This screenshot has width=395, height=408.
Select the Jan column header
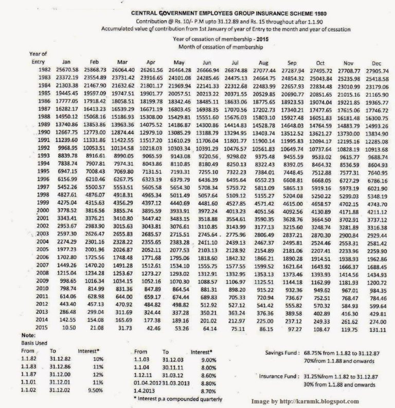[x=66, y=61]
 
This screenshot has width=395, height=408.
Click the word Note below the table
[x=16, y=335]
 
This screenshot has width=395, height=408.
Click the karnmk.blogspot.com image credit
[x=305, y=401]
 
